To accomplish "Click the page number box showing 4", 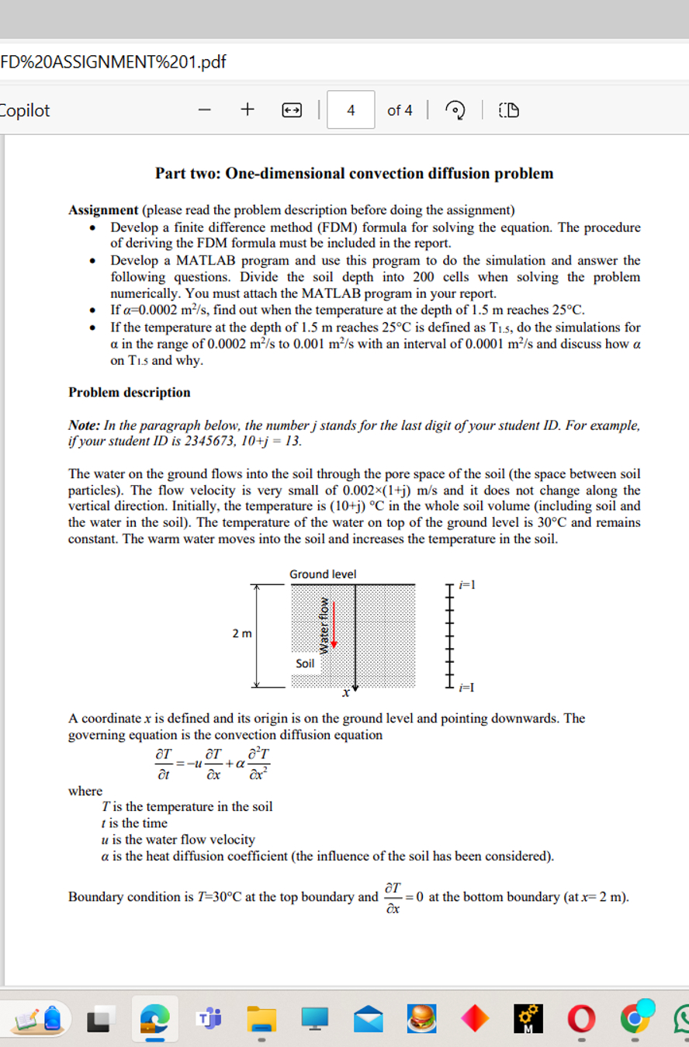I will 351,110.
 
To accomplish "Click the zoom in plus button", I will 247,110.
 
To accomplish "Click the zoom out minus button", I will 204,110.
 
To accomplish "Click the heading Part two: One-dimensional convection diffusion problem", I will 354,173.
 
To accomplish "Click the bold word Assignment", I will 102,210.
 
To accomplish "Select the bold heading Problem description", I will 129,392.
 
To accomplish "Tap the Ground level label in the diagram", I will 323,574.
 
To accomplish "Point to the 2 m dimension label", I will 241,635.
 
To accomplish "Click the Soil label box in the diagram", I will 306,664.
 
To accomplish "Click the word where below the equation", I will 85,791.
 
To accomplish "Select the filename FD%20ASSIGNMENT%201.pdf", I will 114,61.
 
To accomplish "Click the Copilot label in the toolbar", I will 26,110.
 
